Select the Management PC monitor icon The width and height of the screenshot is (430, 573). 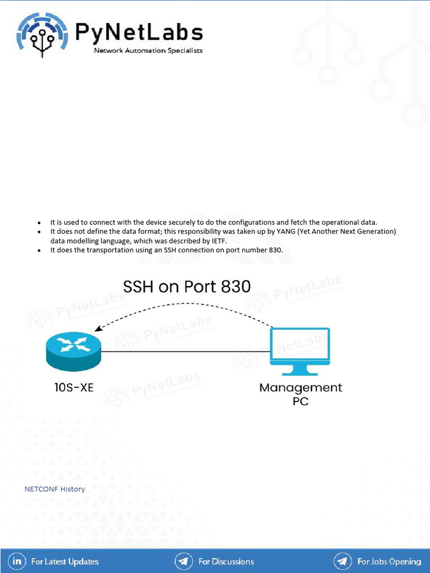tap(300, 351)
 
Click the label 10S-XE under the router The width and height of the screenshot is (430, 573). tap(70, 387)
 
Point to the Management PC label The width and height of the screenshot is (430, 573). tap(301, 394)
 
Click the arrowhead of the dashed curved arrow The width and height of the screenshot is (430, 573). tap(99, 330)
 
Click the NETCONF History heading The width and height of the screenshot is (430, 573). tap(55, 489)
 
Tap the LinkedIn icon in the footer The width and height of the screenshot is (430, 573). tap(18, 561)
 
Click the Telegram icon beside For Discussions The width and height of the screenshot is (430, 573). tap(184, 561)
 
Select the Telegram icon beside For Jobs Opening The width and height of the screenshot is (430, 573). tap(343, 561)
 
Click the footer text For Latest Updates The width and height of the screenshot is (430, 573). tap(65, 561)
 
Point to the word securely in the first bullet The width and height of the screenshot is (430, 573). tap(161, 222)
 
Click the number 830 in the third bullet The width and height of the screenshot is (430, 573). tap(275, 250)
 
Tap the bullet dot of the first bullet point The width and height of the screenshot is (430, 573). tap(39, 223)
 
